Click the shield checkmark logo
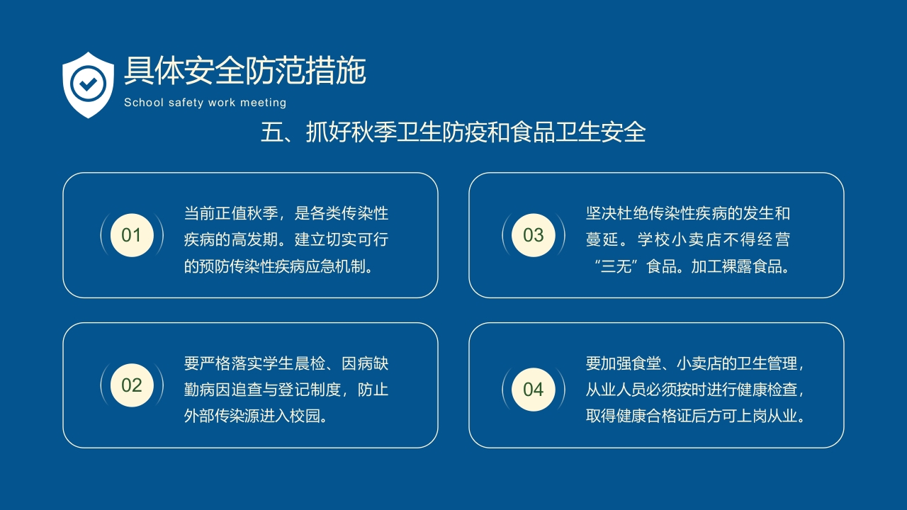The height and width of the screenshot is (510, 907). (88, 84)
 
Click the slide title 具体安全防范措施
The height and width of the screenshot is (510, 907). (244, 71)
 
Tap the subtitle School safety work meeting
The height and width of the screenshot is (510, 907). (205, 103)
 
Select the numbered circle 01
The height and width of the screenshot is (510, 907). (132, 235)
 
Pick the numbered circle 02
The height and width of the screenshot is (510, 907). (132, 385)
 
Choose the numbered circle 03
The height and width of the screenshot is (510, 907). (534, 235)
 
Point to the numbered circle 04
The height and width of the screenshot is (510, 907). (534, 389)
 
